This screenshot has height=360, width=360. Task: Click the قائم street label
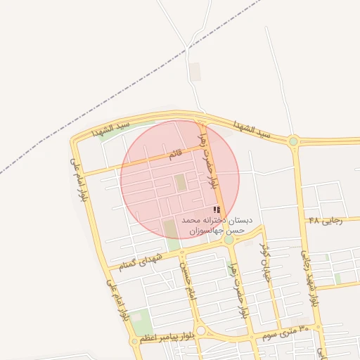click(174, 154)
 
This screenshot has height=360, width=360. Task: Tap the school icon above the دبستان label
click(217, 210)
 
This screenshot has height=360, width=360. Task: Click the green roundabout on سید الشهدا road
click(293, 141)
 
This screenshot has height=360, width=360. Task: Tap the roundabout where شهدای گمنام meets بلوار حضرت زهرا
click(229, 240)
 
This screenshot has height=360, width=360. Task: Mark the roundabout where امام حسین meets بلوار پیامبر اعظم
click(200, 331)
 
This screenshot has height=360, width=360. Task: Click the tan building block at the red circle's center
click(181, 182)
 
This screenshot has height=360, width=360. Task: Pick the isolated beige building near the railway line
click(195, 71)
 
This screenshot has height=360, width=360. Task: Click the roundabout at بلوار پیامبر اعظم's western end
click(134, 341)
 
